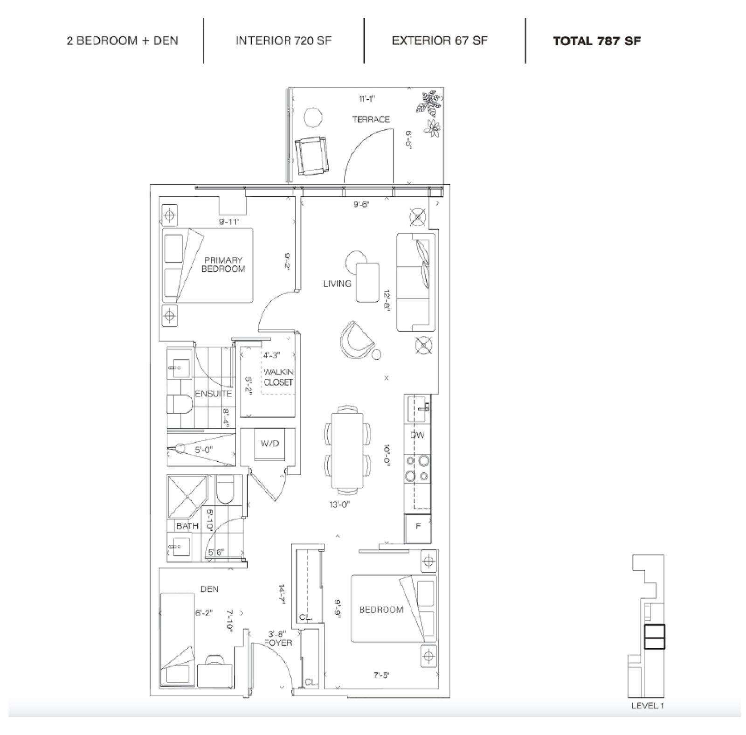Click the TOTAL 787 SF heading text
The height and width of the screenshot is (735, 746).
click(597, 41)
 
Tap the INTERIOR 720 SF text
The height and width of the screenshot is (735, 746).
click(283, 41)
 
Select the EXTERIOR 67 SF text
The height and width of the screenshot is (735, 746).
click(439, 41)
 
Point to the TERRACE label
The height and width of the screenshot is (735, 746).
click(371, 119)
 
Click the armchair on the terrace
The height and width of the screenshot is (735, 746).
click(312, 156)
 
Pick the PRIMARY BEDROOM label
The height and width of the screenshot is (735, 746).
click(223, 264)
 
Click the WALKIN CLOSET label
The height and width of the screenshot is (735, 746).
click(278, 377)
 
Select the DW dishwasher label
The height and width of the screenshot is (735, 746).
click(417, 435)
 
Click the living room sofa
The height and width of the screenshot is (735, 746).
click(416, 282)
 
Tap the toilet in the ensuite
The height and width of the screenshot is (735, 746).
click(180, 404)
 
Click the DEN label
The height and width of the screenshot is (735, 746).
click(209, 589)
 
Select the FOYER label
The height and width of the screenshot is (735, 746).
click(278, 643)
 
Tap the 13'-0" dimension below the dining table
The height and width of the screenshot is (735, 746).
click(339, 504)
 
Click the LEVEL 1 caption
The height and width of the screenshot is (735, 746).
click(647, 706)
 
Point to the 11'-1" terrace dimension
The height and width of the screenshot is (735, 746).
click(367, 98)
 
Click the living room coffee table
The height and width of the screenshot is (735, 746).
click(368, 283)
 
